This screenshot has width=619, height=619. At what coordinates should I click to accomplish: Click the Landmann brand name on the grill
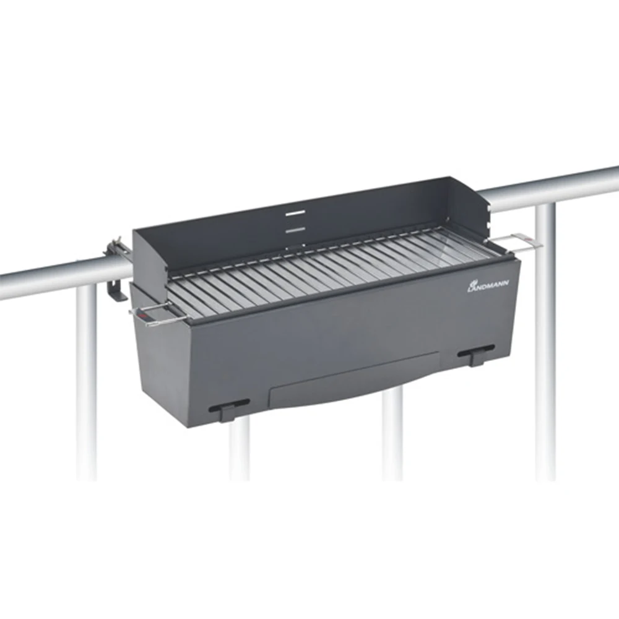click(x=488, y=286)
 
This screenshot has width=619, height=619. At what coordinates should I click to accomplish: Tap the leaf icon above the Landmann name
click(x=472, y=283)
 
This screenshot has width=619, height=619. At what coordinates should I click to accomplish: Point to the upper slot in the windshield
click(x=296, y=213)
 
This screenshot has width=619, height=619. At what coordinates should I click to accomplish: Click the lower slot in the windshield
click(x=296, y=230)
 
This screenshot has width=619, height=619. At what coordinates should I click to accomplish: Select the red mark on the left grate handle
click(x=142, y=316)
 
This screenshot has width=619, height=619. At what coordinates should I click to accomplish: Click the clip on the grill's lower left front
click(x=229, y=409)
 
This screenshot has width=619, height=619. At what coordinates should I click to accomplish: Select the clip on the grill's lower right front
click(x=476, y=353)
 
